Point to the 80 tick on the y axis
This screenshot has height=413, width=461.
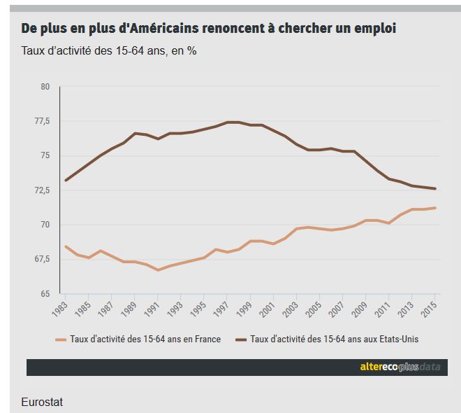point(45,87)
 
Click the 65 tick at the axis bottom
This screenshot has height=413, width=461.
point(45,293)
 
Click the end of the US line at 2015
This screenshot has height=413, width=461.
point(435,188)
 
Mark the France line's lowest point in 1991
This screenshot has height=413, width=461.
point(159,270)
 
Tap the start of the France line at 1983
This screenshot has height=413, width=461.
point(66,246)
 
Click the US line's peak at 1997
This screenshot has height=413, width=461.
point(228,122)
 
